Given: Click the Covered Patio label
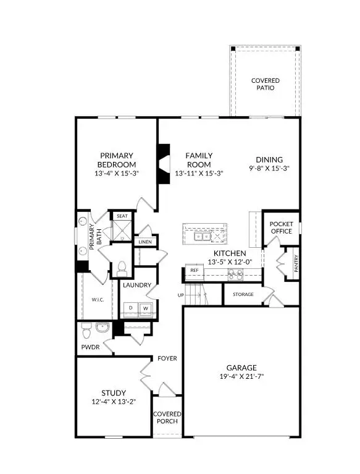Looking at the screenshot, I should point(265,84).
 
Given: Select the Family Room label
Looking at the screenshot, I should point(199,160).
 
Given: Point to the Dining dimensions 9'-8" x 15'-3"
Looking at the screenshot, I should point(269,167).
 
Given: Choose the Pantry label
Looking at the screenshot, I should point(296,264).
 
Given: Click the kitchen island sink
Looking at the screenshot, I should point(202,236).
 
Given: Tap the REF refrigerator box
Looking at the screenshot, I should point(194,271).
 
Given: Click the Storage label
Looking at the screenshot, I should point(243,294).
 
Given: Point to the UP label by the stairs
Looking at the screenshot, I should point(181,295).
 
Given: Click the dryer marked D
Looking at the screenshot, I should point(131,307).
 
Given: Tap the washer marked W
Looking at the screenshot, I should point(146,307).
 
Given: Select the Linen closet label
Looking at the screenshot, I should point(145,242).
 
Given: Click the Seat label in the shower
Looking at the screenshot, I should point(122,216).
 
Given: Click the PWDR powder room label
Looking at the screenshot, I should point(90,347).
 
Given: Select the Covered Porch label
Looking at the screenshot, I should point(167,418).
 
